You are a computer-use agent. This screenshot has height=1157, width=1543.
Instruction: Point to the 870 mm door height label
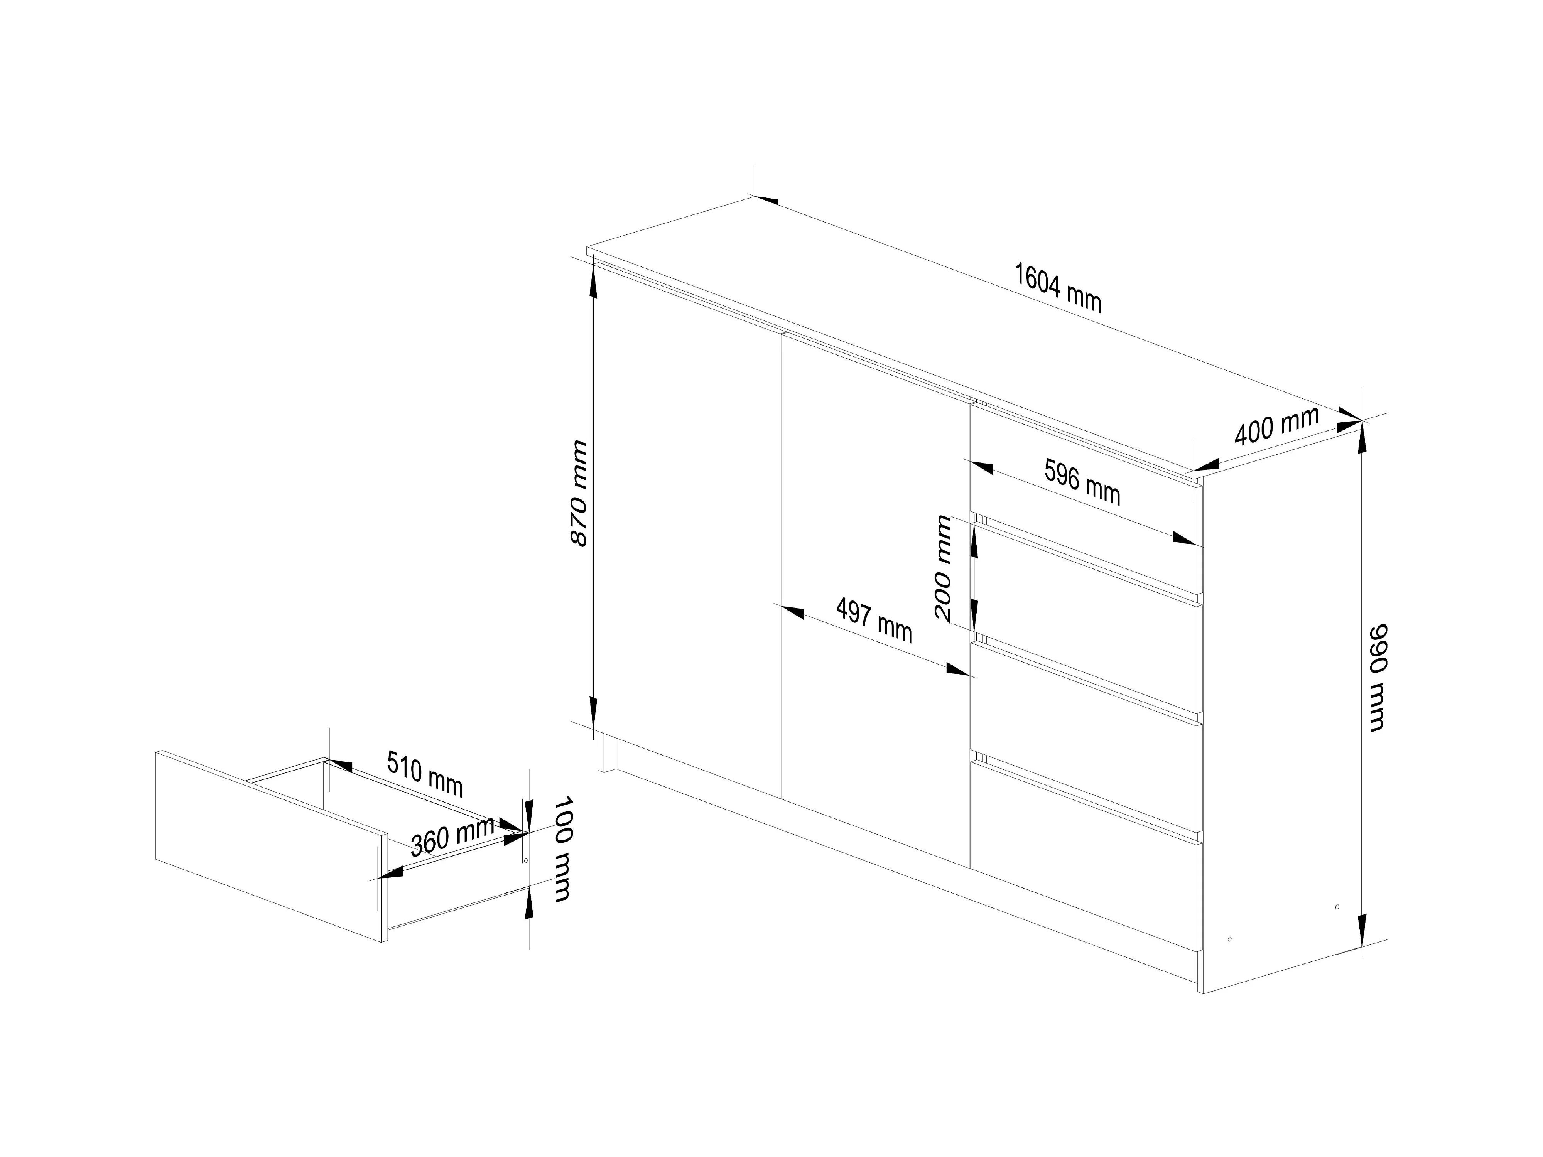click(x=579, y=492)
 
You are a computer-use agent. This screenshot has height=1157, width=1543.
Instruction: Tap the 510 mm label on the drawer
click(x=425, y=773)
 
